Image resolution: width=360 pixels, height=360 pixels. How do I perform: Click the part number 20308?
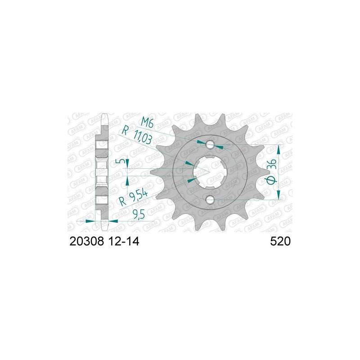[87, 242]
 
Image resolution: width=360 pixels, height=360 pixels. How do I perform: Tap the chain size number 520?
[280, 242]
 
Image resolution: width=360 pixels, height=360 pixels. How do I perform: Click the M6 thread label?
[147, 124]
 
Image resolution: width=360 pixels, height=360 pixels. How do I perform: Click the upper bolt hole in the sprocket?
[210, 145]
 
